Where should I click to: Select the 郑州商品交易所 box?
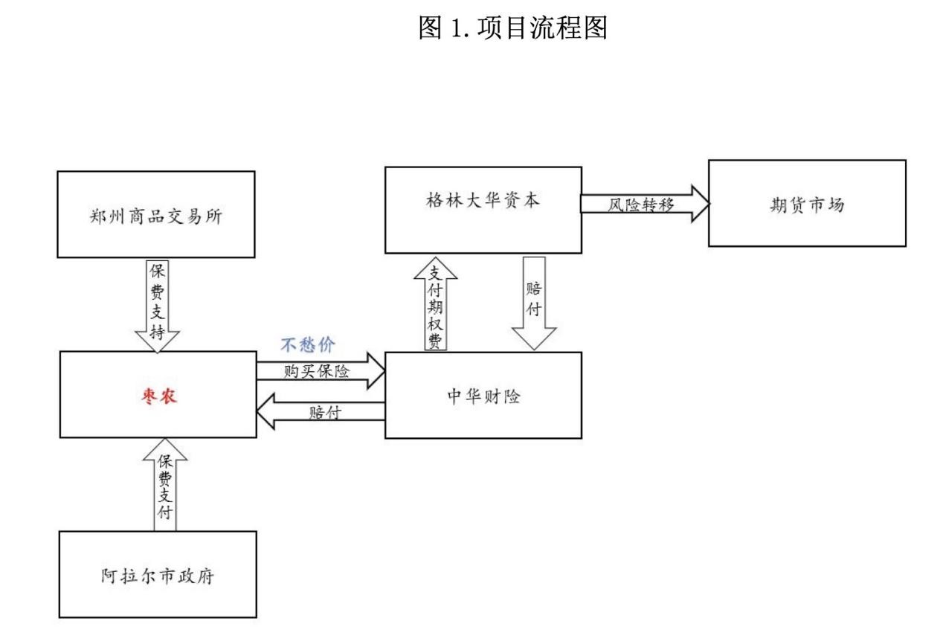pos(156,215)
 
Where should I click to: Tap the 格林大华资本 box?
pos(482,210)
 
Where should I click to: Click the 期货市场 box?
pos(806,202)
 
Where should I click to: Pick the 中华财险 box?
pos(483,395)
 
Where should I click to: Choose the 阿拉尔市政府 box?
pos(158,574)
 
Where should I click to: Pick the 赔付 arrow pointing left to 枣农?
pos(321,414)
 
